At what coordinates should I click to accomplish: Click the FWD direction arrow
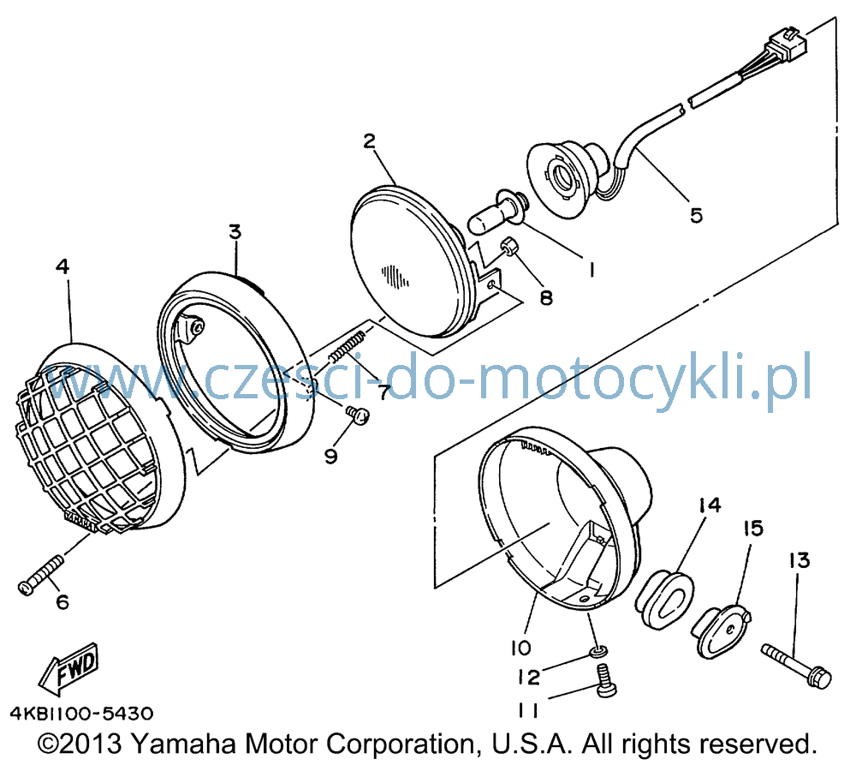point(68,666)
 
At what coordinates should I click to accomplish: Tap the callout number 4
point(62,266)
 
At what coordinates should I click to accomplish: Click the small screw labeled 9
point(357,415)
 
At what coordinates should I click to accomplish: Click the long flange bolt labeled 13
point(796,666)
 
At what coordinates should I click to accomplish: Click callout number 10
point(520,648)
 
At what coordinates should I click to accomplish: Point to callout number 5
point(696,215)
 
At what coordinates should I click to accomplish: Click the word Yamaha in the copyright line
point(184,744)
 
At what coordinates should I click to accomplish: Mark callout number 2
point(370,141)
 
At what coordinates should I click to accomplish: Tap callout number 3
point(235,231)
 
